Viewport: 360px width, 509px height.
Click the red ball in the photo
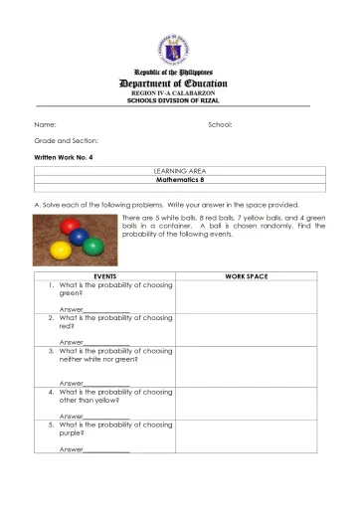(69, 227)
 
